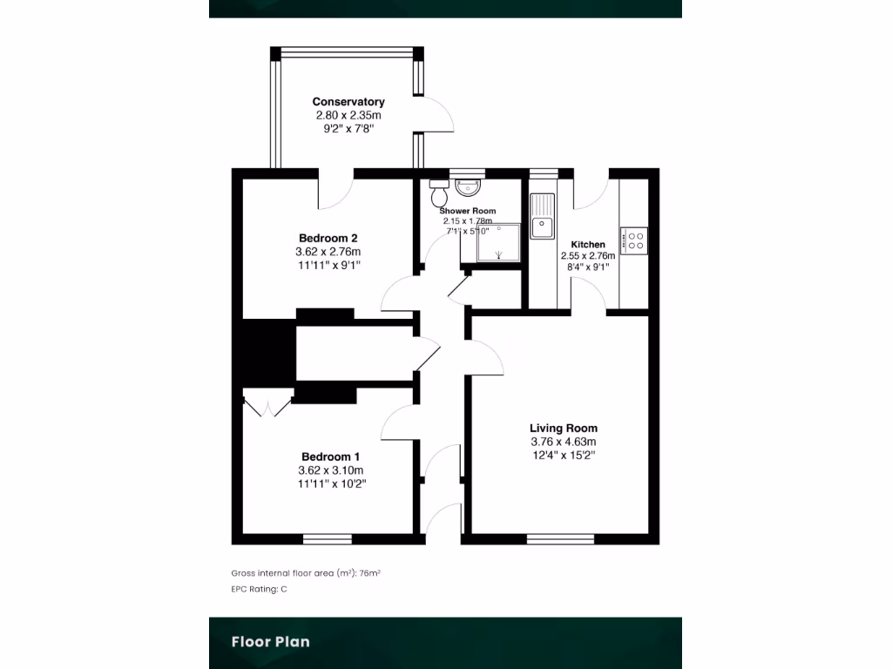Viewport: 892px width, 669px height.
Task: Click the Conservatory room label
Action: coord(348,102)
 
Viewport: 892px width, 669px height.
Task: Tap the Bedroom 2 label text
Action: coord(328,238)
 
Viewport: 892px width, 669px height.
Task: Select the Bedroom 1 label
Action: coord(330,456)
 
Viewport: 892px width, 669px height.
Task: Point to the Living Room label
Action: coord(564,428)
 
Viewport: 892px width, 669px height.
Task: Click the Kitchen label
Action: coord(588,244)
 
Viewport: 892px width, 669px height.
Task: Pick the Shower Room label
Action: coord(468,211)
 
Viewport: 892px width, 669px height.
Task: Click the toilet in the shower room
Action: coord(438,188)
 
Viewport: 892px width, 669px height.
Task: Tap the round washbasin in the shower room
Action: coord(469,185)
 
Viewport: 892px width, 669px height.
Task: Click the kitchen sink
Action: coord(543,216)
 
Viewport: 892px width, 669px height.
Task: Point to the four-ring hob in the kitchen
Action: coord(633,240)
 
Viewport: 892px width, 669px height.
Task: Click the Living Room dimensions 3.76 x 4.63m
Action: coord(564,442)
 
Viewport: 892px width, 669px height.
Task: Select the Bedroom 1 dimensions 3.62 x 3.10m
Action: coord(330,470)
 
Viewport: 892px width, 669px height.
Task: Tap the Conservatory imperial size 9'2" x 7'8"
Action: coord(348,127)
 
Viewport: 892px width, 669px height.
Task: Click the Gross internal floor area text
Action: coord(307,573)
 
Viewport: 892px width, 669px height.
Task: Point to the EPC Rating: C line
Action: coord(259,590)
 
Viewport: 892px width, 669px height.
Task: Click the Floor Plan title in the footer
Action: coord(270,642)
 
